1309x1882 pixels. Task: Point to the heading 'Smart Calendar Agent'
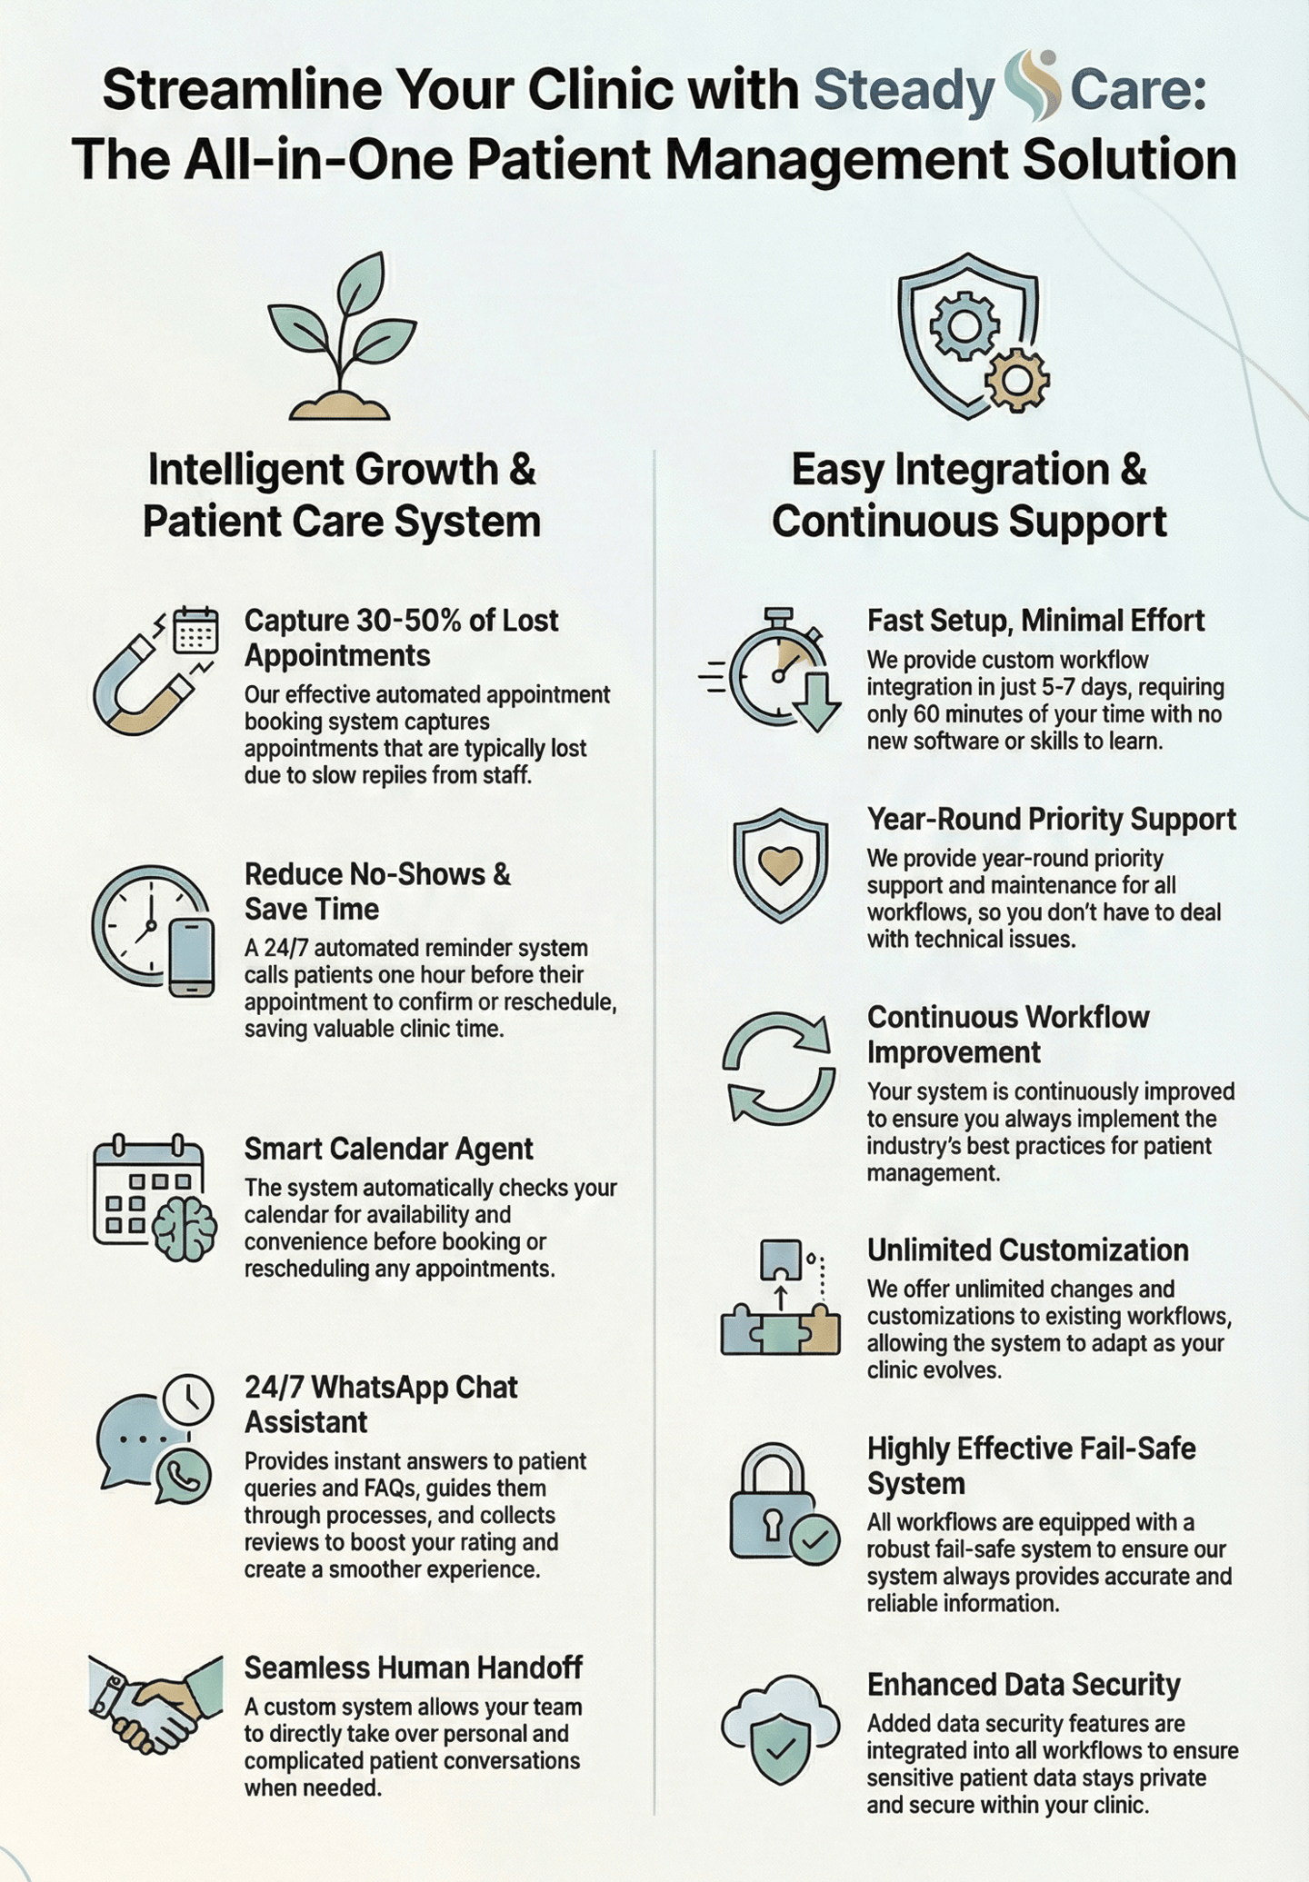[388, 1148]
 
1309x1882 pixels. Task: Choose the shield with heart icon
[780, 864]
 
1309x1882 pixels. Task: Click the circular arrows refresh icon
[779, 1068]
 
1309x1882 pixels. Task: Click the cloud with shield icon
[780, 1728]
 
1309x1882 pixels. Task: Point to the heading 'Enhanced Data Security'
[1023, 1684]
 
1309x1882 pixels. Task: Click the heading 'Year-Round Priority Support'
[1051, 819]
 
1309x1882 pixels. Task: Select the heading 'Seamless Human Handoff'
[413, 1667]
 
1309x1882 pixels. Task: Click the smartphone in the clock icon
[193, 957]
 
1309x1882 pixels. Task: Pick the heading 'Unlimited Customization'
[1027, 1250]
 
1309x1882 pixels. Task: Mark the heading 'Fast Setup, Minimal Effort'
[1035, 620]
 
